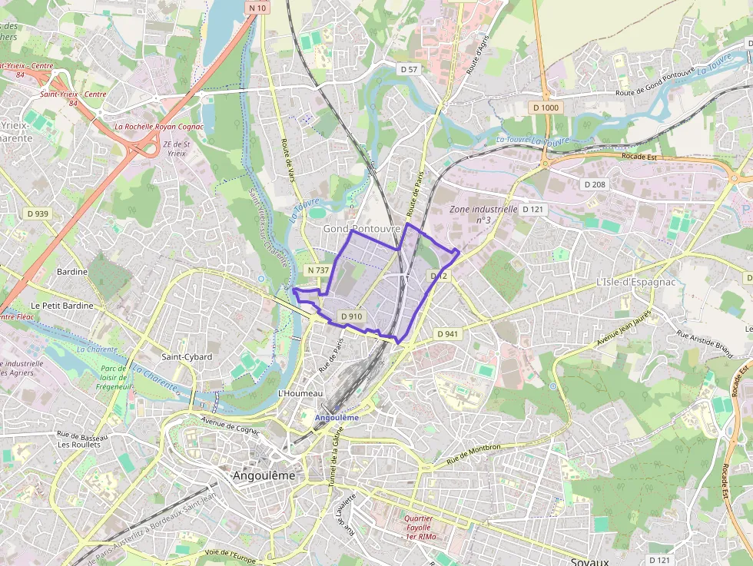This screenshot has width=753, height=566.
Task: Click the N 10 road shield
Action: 257,8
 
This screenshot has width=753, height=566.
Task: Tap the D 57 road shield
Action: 409,69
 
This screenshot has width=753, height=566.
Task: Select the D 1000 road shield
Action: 546,108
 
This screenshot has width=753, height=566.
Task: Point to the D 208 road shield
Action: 595,184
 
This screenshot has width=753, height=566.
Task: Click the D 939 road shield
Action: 36,213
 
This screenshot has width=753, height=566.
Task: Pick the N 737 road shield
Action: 317,270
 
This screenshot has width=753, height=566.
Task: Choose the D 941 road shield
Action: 446,334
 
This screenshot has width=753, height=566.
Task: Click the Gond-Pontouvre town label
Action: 361,229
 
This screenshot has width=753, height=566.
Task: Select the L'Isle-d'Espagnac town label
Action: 635,282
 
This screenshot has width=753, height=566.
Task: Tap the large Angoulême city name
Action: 264,475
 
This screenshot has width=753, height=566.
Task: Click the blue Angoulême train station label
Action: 337,417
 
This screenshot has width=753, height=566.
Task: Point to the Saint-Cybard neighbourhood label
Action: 187,357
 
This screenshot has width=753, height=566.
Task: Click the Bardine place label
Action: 73,272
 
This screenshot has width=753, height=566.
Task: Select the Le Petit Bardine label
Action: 63,306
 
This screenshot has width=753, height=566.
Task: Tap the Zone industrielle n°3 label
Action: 483,213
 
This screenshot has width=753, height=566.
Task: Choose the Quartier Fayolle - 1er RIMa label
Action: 420,527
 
